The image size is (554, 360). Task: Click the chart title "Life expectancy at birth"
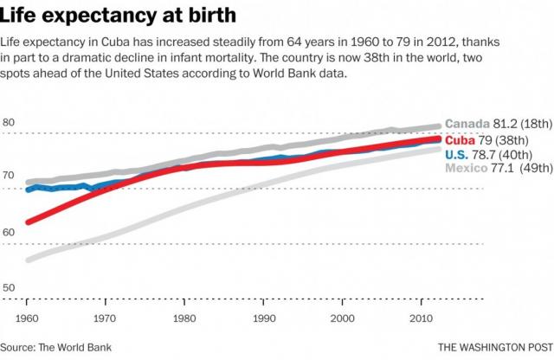[x=113, y=16]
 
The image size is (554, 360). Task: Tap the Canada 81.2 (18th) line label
[x=496, y=125]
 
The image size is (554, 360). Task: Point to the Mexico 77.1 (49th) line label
[x=496, y=167]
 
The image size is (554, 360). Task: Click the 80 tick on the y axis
[x=9, y=122]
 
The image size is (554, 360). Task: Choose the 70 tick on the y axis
[x=9, y=176]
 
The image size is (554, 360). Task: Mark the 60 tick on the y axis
[x=9, y=232]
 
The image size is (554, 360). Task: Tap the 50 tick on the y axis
[x=9, y=286]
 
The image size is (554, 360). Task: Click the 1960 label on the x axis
[x=29, y=317]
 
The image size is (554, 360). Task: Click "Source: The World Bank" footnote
[x=57, y=347]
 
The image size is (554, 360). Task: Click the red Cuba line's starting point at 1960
[x=29, y=222]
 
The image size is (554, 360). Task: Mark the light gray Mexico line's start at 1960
[x=29, y=259]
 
